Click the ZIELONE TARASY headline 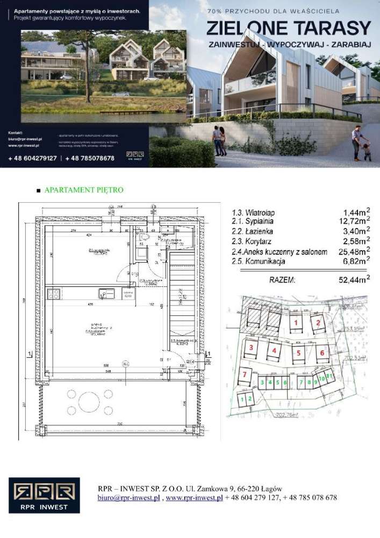click(x=289, y=27)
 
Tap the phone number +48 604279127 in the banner click(x=33, y=158)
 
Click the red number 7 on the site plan click(x=245, y=374)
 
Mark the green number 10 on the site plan click(x=321, y=378)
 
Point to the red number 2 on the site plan click(x=318, y=323)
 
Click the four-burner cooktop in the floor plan click(x=53, y=294)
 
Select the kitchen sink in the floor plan click(x=106, y=294)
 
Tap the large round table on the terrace click(x=89, y=401)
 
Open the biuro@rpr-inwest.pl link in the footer click(x=129, y=498)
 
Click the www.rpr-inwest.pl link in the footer click(x=194, y=498)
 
